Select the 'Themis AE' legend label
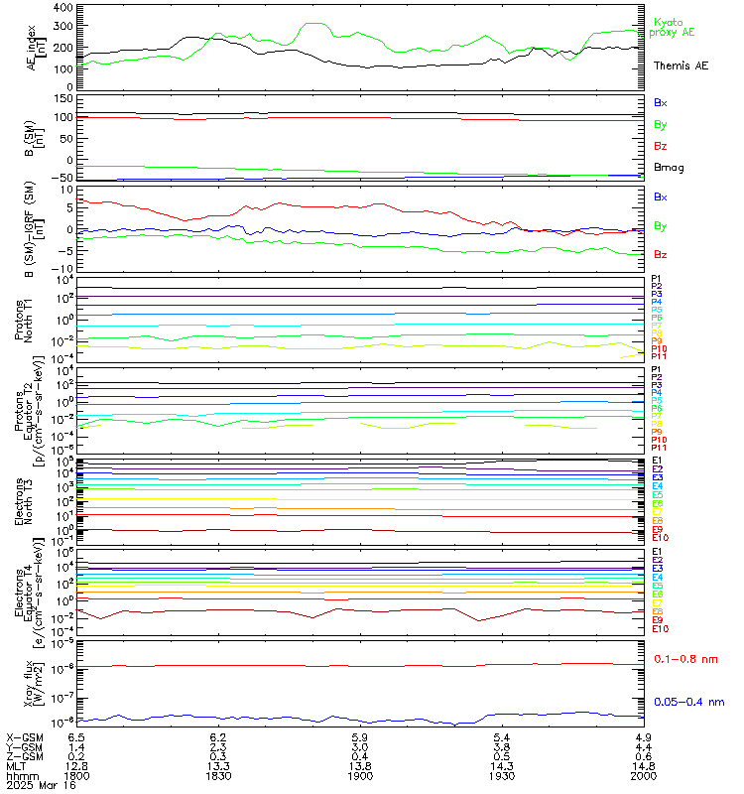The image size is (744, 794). (x=681, y=66)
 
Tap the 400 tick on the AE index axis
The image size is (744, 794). (x=62, y=8)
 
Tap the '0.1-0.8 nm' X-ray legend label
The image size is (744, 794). (x=686, y=657)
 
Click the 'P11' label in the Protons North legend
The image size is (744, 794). (x=658, y=356)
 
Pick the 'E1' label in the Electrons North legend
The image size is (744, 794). (x=657, y=461)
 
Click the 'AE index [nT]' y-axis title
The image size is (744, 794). (x=34, y=47)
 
